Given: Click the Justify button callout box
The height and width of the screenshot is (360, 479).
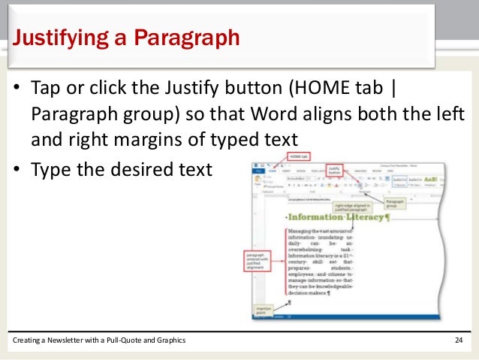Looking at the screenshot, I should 335,171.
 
